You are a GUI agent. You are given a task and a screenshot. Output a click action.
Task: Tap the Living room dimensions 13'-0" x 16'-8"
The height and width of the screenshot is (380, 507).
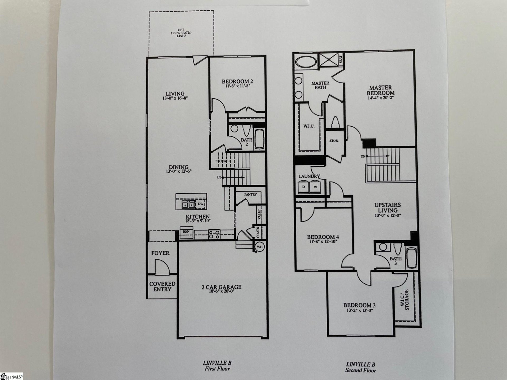pyautogui.click(x=175, y=98)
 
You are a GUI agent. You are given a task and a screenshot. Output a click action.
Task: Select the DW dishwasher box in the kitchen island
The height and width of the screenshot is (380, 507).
pyautogui.click(x=200, y=204)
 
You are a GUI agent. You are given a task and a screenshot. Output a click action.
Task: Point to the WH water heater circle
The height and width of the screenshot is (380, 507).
pyautogui.click(x=260, y=247)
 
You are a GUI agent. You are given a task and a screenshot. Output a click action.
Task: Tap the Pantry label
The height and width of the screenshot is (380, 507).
pyautogui.click(x=250, y=194)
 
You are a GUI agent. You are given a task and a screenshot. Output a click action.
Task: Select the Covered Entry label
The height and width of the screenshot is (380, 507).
pyautogui.click(x=162, y=286)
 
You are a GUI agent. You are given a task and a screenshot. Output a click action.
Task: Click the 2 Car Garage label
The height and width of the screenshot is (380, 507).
pyautogui.click(x=221, y=287)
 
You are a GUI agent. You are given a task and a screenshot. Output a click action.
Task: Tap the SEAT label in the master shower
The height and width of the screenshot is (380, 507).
pyautogui.click(x=341, y=59)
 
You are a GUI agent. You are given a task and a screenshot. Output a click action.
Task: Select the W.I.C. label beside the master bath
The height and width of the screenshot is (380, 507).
pyautogui.click(x=309, y=126)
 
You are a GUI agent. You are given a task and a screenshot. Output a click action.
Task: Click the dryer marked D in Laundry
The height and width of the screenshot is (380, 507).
pyautogui.click(x=303, y=187)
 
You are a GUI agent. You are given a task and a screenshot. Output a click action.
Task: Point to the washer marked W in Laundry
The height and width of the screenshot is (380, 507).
pyautogui.click(x=315, y=187)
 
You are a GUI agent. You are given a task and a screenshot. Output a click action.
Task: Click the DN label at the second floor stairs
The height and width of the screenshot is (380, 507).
pyautogui.click(x=363, y=156)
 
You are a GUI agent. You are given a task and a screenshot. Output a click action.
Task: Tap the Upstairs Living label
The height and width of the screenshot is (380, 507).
pyautogui.click(x=387, y=207)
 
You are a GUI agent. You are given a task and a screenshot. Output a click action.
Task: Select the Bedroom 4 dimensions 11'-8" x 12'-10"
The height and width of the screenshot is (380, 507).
pyautogui.click(x=322, y=241)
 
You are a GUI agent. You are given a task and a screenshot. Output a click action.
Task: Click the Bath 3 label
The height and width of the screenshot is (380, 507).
pyautogui.click(x=395, y=261)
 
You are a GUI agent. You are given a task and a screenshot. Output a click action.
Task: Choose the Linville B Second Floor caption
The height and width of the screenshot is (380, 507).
pyautogui.click(x=361, y=367)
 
